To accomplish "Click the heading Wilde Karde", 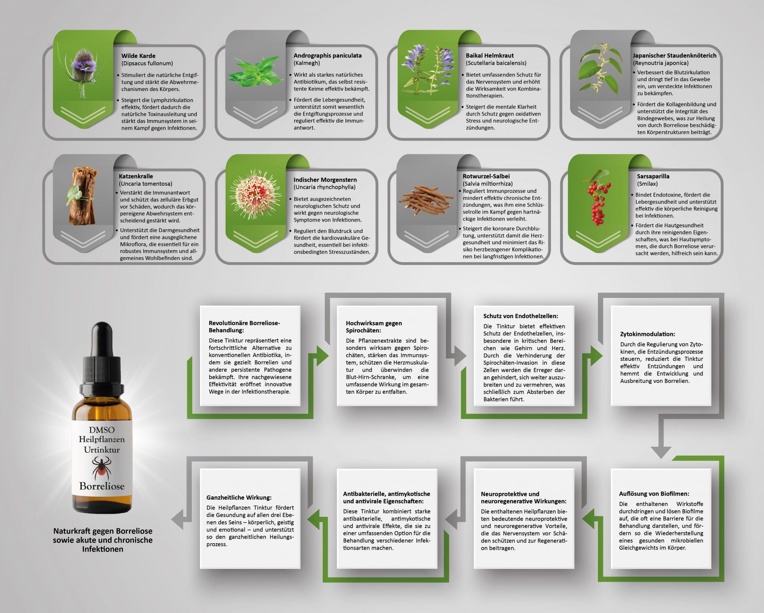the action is (x=138, y=56).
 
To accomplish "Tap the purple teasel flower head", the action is (x=83, y=63).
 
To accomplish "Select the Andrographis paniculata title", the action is (x=328, y=56).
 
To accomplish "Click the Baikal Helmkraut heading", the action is (x=490, y=56).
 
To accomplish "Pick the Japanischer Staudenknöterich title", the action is (x=674, y=56).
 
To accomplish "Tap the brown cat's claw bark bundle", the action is (x=82, y=196).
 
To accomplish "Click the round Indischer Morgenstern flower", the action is (x=255, y=195).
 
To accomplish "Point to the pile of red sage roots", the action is (x=426, y=201).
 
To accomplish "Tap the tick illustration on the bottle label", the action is (x=101, y=468).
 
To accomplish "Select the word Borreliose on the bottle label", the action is (x=101, y=486).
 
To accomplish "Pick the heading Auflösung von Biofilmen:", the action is (x=654, y=494).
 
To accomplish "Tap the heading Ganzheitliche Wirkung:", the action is (x=239, y=497).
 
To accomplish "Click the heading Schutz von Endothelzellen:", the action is (x=521, y=316).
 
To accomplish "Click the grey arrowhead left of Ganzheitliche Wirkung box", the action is (x=178, y=519).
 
